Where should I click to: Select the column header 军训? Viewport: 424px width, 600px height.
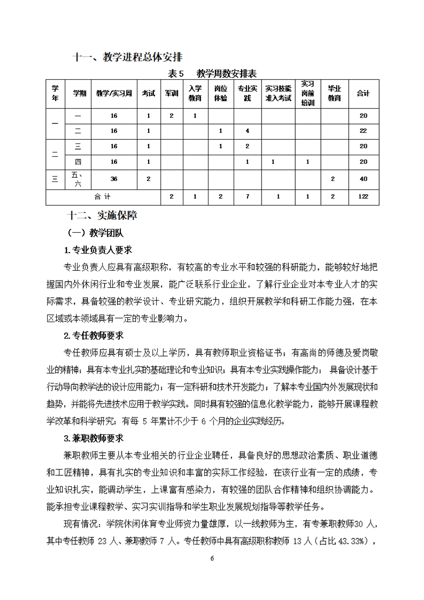click(x=172, y=93)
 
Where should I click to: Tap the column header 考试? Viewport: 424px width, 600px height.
click(x=148, y=93)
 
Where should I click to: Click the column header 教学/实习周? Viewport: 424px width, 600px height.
click(x=114, y=93)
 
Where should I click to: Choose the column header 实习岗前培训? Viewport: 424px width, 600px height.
click(x=307, y=93)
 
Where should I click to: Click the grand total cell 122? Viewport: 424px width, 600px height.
click(x=363, y=196)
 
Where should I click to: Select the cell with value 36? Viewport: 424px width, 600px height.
click(x=114, y=179)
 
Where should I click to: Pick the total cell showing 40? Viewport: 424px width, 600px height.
click(x=363, y=179)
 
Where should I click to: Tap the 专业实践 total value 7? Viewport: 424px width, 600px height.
click(x=247, y=196)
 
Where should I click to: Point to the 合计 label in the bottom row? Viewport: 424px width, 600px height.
click(x=104, y=196)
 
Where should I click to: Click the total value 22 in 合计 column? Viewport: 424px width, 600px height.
click(x=363, y=131)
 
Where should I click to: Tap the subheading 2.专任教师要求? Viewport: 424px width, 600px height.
click(x=94, y=336)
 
